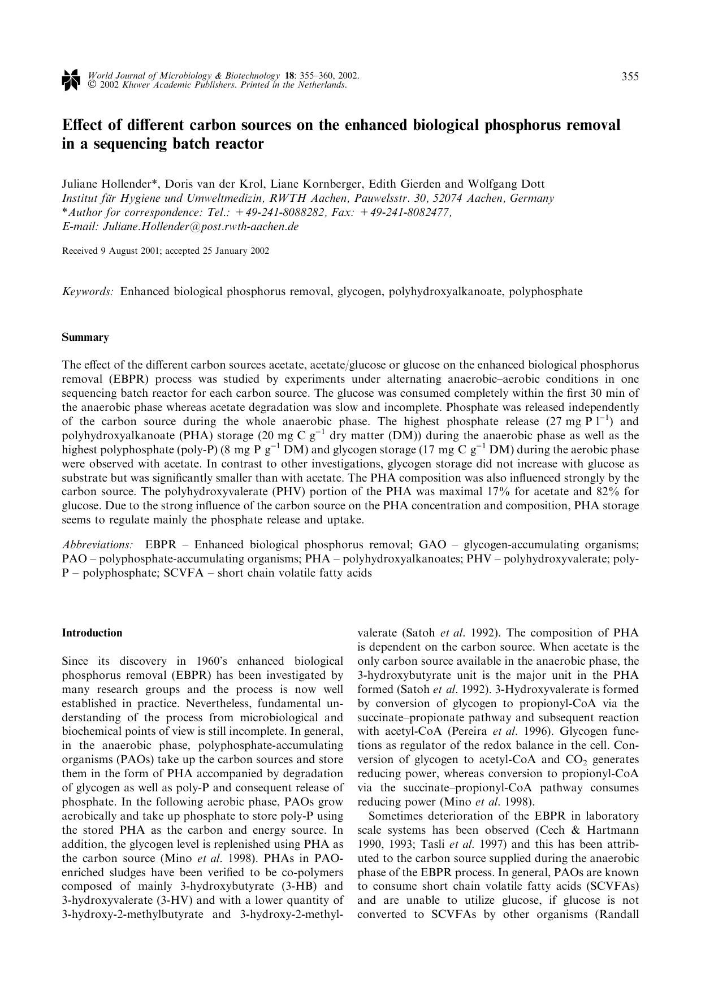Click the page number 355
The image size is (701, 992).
630,77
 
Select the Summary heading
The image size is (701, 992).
85,337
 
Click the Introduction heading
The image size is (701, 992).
92,633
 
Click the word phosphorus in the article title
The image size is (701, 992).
529,125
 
